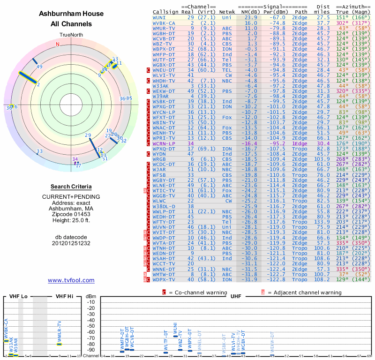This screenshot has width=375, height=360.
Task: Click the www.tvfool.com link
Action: (x=71, y=280)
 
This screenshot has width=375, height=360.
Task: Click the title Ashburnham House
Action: (x=71, y=14)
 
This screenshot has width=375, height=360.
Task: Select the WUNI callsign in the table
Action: (x=159, y=17)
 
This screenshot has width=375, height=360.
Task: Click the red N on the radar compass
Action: (x=58, y=45)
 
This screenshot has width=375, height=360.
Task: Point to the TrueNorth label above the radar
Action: (x=71, y=36)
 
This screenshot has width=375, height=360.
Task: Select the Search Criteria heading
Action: (x=71, y=187)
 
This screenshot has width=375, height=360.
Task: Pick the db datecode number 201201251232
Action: (x=71, y=243)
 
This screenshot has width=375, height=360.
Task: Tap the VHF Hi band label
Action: (x=65, y=296)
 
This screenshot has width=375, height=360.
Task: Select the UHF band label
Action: (x=236, y=296)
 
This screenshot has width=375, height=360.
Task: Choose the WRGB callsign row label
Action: (x=159, y=159)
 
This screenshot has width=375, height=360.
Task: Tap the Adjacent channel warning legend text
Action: (x=304, y=292)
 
